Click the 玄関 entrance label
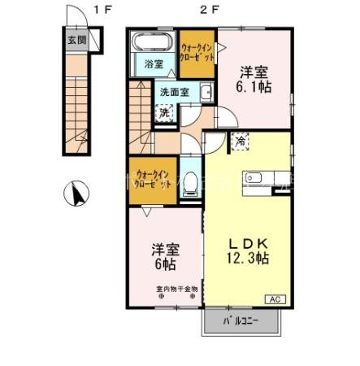pyautogui.click(x=75, y=38)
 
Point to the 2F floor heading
pyautogui.click(x=210, y=10)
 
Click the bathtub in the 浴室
pyautogui.click(x=152, y=41)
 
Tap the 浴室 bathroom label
pyautogui.click(x=154, y=63)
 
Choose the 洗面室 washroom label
pyautogui.click(x=175, y=92)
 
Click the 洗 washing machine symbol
pyautogui.click(x=165, y=112)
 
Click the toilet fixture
pyautogui.click(x=189, y=184)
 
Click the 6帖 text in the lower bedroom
pyautogui.click(x=165, y=264)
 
